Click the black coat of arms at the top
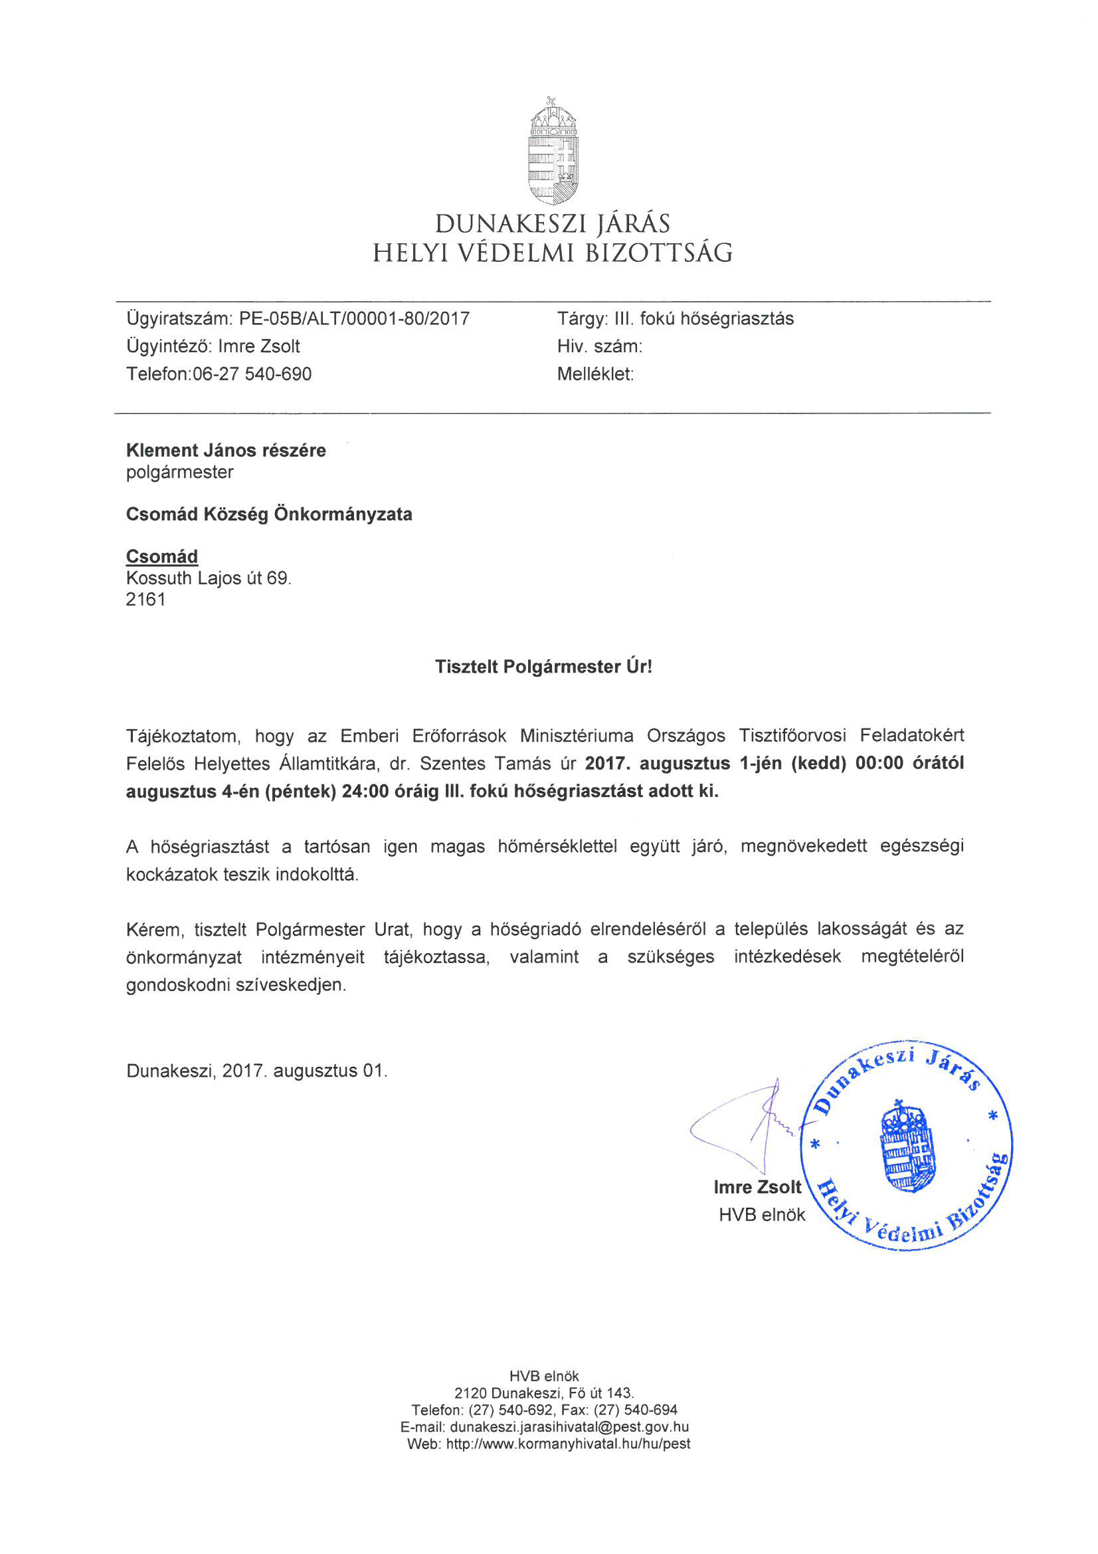(x=553, y=151)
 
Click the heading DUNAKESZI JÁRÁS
(x=552, y=224)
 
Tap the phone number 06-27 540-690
(x=252, y=374)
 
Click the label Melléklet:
(x=595, y=374)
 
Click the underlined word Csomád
(x=161, y=556)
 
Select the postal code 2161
(x=145, y=600)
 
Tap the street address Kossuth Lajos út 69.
(x=209, y=578)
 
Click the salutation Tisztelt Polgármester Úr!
(x=543, y=667)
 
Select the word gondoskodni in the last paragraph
(x=178, y=985)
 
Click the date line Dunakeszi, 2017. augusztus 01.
(x=256, y=1071)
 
